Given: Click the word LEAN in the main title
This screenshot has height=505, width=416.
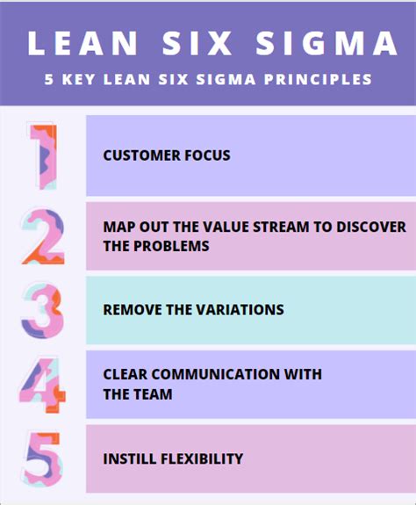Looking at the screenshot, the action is pos(82,43).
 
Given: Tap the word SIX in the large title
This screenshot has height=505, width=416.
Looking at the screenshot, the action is pos(197,43).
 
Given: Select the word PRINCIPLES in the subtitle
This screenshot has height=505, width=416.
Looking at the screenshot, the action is pos(318,79).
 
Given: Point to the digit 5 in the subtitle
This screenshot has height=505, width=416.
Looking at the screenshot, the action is pos(49,79).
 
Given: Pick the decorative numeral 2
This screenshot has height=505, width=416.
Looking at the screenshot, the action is pos(43,237).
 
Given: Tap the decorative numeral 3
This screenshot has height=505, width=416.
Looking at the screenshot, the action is pos(42,311).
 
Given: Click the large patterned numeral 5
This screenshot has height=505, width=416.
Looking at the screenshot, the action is pos(43,459).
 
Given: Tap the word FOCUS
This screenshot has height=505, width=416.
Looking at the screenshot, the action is pos(207,155).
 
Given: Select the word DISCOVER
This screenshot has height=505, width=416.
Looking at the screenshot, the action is pos(371,227).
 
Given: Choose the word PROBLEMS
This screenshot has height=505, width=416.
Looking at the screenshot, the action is pos(171,246).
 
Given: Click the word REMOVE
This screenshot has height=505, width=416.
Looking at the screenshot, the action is pos(133,310).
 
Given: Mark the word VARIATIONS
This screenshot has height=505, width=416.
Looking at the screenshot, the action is pos(240,310).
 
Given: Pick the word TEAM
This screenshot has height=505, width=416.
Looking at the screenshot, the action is pos(153,394).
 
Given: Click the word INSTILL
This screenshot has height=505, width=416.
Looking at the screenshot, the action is pos(130,458).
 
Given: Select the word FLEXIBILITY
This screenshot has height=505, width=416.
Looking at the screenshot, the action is pos(202,458).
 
